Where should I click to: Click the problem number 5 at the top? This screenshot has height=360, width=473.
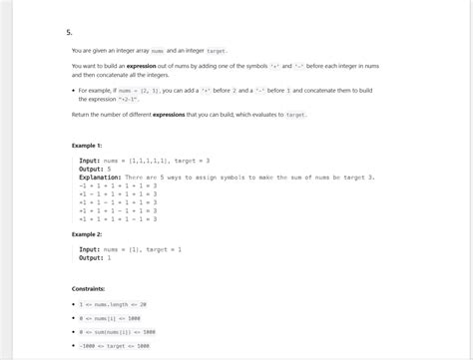click(x=69, y=31)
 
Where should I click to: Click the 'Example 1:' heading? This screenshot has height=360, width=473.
click(x=87, y=145)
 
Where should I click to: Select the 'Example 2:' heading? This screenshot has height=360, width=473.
click(x=87, y=234)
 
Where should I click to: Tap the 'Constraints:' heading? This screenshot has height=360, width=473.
click(x=89, y=288)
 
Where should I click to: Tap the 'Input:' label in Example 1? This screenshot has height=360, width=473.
click(x=90, y=161)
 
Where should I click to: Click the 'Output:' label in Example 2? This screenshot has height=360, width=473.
click(x=92, y=257)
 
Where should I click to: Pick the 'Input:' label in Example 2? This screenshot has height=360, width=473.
click(x=90, y=249)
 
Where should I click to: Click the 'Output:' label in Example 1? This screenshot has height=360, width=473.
click(x=92, y=169)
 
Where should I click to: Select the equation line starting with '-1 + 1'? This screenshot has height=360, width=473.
click(x=118, y=184)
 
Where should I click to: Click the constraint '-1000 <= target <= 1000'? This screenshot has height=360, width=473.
click(x=115, y=346)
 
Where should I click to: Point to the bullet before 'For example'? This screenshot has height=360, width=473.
click(x=74, y=91)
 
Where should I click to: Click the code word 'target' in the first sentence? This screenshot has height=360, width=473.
click(x=217, y=50)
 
